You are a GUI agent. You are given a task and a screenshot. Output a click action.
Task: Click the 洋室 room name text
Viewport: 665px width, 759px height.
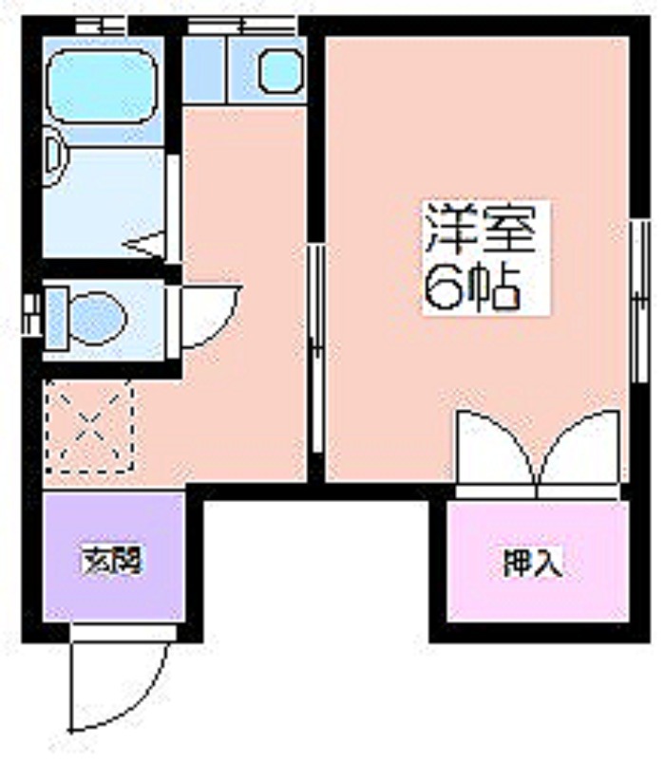click(x=481, y=229)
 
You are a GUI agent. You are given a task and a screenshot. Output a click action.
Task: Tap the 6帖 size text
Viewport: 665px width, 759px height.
click(x=472, y=287)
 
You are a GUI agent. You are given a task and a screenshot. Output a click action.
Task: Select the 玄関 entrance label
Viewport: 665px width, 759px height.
click(x=112, y=561)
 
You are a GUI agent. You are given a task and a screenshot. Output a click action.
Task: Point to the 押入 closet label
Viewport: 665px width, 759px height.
click(x=533, y=562)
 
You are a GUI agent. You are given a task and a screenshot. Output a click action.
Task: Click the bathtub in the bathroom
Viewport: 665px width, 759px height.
click(x=103, y=86)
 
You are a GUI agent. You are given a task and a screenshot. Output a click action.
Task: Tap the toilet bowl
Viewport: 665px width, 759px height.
click(x=99, y=318)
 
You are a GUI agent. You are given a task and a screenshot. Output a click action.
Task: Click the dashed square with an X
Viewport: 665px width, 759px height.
click(x=89, y=426)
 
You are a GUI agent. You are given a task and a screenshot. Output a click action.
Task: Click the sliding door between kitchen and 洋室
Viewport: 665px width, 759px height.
click(x=316, y=348)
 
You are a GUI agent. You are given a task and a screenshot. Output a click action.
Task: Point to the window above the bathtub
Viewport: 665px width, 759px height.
click(x=102, y=25)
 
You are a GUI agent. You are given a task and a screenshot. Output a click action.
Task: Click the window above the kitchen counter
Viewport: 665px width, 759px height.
click(x=241, y=25)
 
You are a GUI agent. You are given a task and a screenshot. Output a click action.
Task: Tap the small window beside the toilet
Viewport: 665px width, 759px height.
click(x=31, y=315)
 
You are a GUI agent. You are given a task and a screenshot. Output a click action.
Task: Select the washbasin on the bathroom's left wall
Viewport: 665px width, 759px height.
click(x=57, y=156)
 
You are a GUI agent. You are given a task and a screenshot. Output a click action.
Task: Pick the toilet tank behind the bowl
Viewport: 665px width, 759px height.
click(x=57, y=318)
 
